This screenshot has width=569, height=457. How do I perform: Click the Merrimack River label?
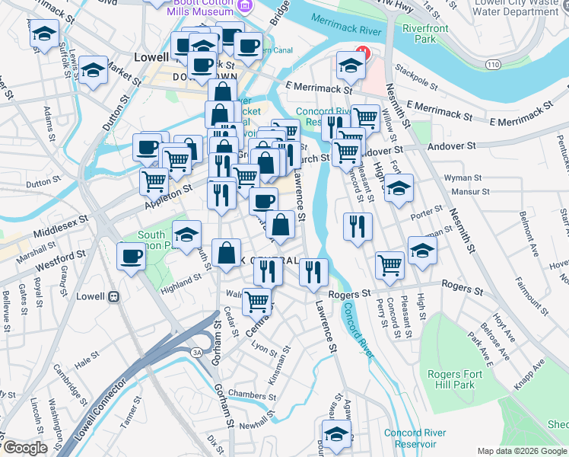tap(346, 31)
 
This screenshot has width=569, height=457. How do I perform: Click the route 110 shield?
tap(494, 66)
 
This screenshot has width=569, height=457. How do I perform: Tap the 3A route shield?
tap(196, 352)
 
